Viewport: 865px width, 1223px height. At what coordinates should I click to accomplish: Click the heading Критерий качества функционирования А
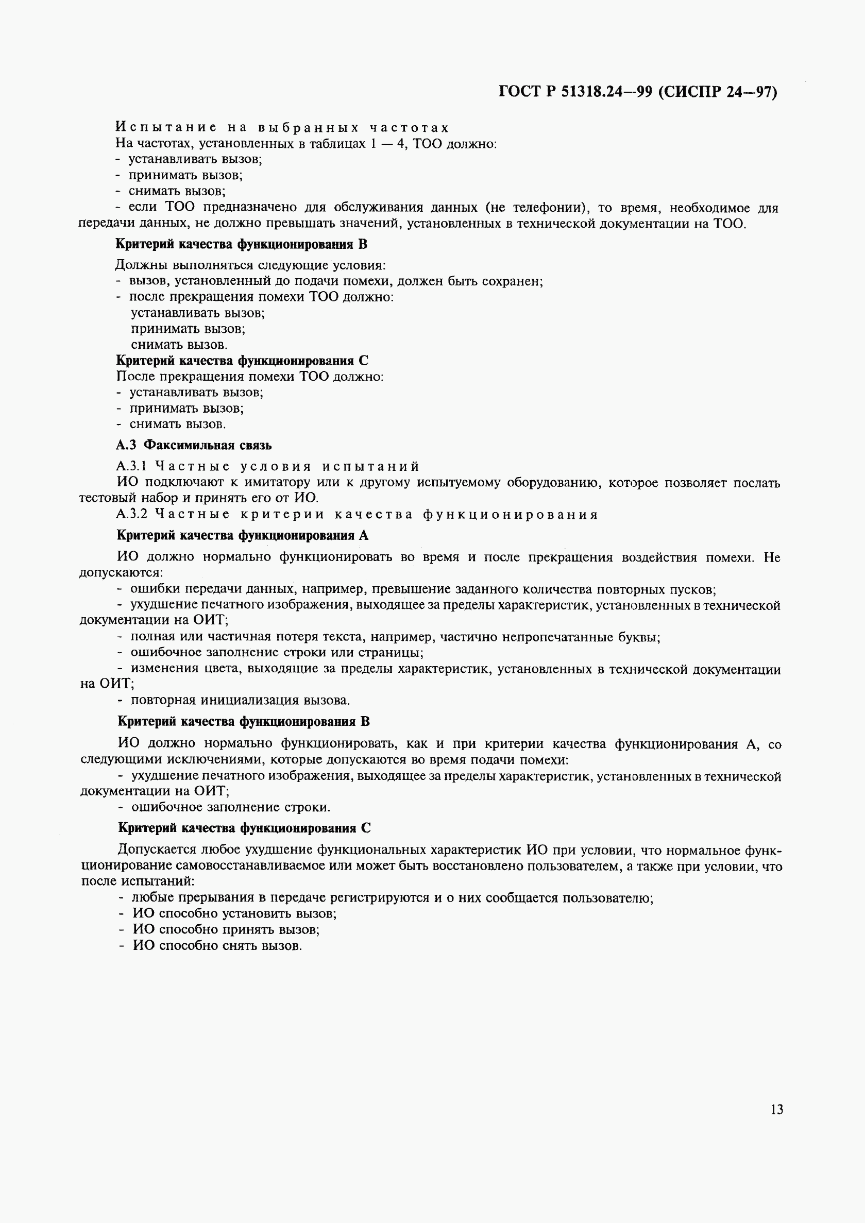[242, 535]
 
